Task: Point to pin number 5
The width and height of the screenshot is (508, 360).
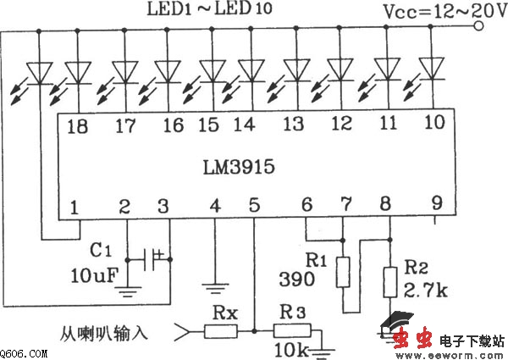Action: coord(254,207)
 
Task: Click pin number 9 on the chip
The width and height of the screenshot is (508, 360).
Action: coord(434,203)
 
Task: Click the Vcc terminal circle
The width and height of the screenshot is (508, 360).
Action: coord(480,26)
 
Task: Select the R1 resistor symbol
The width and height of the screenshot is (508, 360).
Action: coord(342,270)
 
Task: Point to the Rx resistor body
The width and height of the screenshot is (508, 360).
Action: coord(221,331)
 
